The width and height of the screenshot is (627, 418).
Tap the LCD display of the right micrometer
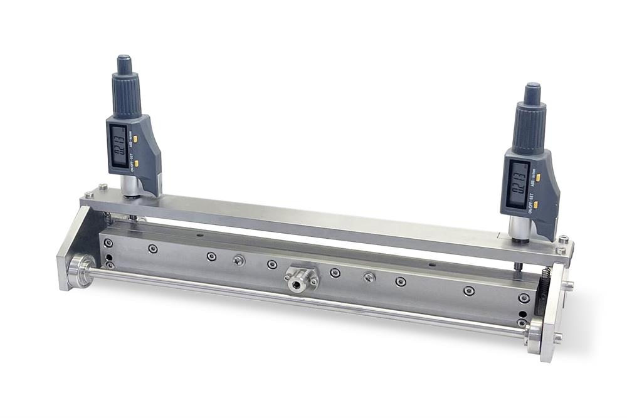(x=517, y=184)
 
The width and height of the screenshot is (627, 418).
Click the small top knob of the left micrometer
(x=124, y=63)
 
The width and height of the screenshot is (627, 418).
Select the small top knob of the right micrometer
(x=532, y=93)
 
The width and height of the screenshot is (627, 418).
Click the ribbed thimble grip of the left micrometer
(x=126, y=94)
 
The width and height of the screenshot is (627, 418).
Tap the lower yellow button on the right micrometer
(x=535, y=204)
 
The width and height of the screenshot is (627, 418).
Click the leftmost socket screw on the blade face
(x=108, y=243)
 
